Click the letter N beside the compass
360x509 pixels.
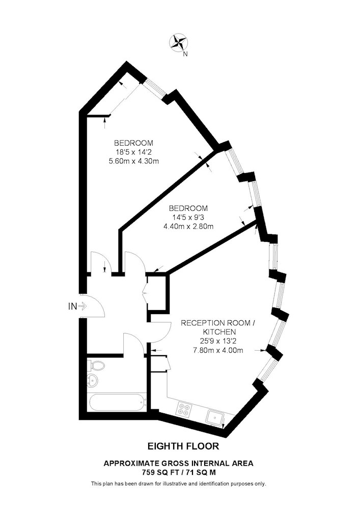tap(185, 54)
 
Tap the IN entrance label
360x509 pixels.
tap(72, 306)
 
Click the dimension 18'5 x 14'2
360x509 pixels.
tap(133, 152)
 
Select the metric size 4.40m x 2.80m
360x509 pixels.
tap(188, 227)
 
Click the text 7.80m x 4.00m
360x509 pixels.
tap(218, 350)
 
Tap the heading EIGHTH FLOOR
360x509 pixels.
tap(183, 446)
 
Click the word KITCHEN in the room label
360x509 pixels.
tap(219, 332)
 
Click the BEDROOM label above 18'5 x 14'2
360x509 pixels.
tap(133, 143)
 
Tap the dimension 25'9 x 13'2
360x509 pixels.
tap(219, 341)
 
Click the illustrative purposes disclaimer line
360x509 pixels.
tap(179, 484)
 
